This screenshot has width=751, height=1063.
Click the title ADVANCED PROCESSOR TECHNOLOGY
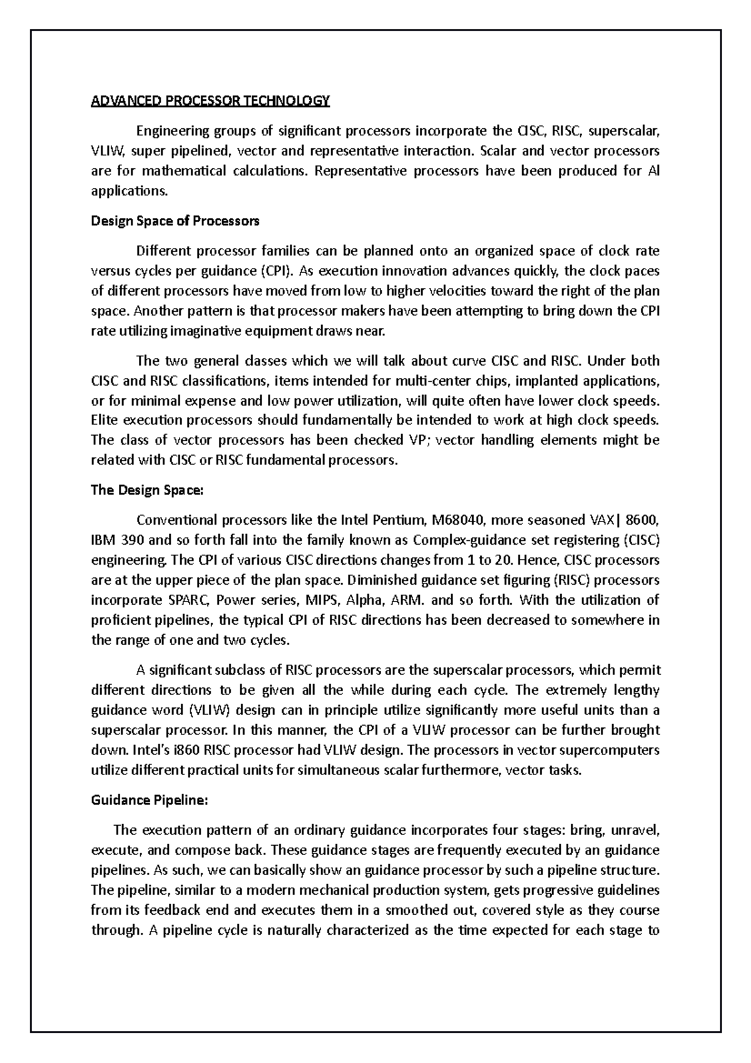210,101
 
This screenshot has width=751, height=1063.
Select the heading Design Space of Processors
175,221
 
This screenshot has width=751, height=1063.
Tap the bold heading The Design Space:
147,490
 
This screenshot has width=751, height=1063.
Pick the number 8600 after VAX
643,520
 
